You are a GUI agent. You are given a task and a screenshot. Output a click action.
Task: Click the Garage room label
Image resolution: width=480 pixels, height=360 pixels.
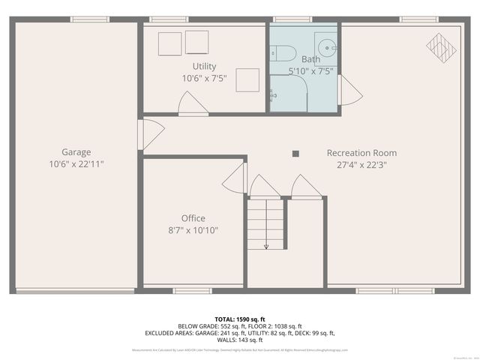point(76,151)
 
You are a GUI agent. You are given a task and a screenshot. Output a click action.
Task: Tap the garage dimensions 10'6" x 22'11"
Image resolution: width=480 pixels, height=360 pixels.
point(76,163)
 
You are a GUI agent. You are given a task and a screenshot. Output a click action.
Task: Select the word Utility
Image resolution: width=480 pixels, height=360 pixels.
point(204,67)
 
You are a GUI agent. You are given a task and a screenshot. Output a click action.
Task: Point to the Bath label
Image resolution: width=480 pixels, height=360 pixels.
point(310,59)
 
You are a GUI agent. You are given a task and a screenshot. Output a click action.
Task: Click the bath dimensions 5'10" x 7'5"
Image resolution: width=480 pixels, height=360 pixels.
point(310,71)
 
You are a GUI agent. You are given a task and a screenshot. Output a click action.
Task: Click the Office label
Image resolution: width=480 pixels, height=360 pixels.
point(193,218)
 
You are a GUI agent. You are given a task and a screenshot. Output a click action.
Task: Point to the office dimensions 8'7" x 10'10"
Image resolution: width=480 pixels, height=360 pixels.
point(193,230)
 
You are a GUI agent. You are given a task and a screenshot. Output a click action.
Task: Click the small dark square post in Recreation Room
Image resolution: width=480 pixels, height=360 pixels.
point(295,154)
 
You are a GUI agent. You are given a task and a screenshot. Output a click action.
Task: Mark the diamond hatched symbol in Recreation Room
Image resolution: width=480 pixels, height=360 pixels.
point(441,46)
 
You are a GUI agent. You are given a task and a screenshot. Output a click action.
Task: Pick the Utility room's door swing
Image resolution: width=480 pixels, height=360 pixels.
point(190,104)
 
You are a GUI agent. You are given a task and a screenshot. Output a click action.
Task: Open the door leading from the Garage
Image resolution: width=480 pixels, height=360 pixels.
point(149,136)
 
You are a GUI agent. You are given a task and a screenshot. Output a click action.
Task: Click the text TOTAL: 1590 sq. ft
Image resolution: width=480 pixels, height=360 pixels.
point(240,318)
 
